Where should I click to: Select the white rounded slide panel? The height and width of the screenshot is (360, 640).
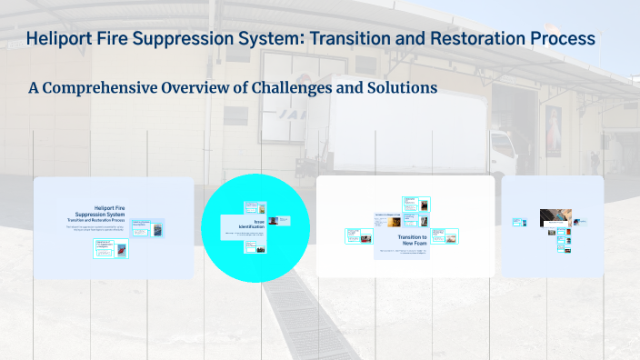405,225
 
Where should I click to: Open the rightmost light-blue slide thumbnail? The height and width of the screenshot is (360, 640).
552,225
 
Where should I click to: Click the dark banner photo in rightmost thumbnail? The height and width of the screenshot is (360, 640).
555,216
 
